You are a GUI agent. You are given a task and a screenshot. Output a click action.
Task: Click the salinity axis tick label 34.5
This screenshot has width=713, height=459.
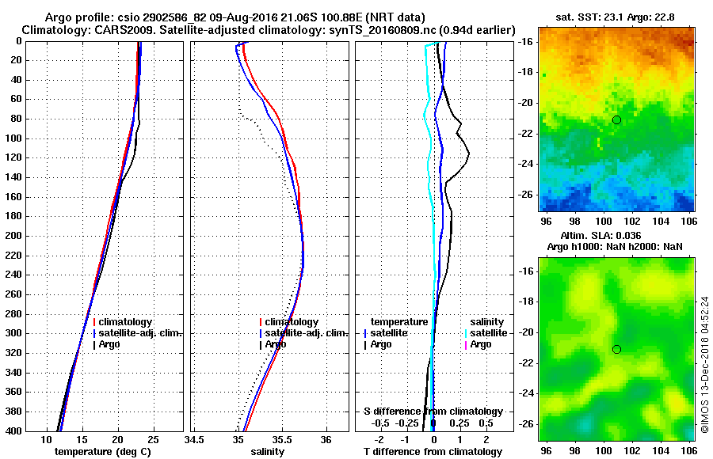click(194, 439)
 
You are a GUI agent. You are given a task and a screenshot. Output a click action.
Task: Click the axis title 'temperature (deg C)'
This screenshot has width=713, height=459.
click(102, 451)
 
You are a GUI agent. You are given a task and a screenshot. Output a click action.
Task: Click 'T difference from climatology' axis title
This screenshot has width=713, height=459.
click(433, 451)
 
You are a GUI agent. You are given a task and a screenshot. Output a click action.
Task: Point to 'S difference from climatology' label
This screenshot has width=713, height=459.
click(433, 412)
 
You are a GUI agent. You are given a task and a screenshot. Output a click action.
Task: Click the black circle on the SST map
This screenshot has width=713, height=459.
click(616, 119)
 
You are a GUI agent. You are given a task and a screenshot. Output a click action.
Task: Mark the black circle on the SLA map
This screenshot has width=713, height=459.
click(616, 349)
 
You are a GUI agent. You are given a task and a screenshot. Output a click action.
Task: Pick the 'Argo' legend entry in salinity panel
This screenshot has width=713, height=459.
click(276, 344)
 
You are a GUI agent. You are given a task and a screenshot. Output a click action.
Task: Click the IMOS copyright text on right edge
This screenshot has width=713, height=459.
click(704, 364)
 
